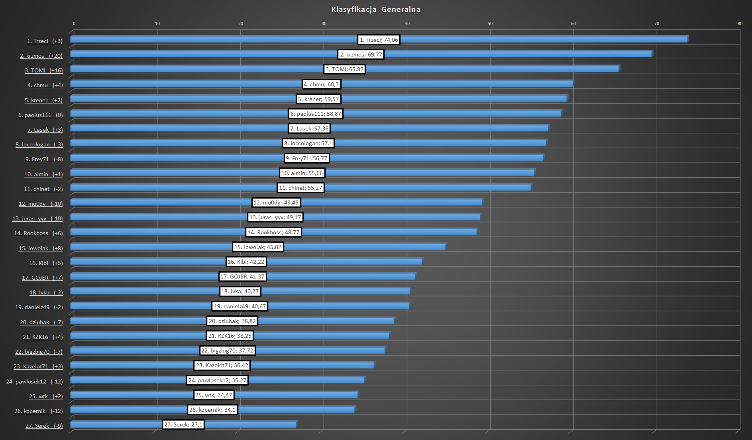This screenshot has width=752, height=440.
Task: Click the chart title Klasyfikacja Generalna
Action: tap(376, 10)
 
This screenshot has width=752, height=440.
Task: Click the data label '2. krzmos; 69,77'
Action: tap(361, 55)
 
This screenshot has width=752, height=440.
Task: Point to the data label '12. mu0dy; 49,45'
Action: tap(276, 202)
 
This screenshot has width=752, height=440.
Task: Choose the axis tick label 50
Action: tap(490, 23)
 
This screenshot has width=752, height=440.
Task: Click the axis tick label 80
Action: tap(740, 23)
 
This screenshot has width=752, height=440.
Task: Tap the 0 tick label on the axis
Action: tap(74, 23)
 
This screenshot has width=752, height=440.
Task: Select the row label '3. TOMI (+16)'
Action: tap(43, 70)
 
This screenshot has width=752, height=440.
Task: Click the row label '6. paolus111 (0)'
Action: tap(40, 115)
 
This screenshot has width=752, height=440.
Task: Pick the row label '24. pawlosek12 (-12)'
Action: tap(34, 382)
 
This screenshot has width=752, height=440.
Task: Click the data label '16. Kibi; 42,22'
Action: tap(245, 262)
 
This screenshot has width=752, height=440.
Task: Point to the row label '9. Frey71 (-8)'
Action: tap(44, 159)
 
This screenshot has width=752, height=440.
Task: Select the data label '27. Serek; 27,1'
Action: tap(183, 424)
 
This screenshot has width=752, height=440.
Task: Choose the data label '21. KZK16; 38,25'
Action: tap(230, 336)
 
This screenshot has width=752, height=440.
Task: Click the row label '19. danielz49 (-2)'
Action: tap(39, 307)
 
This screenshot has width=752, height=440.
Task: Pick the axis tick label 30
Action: tap(324, 23)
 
